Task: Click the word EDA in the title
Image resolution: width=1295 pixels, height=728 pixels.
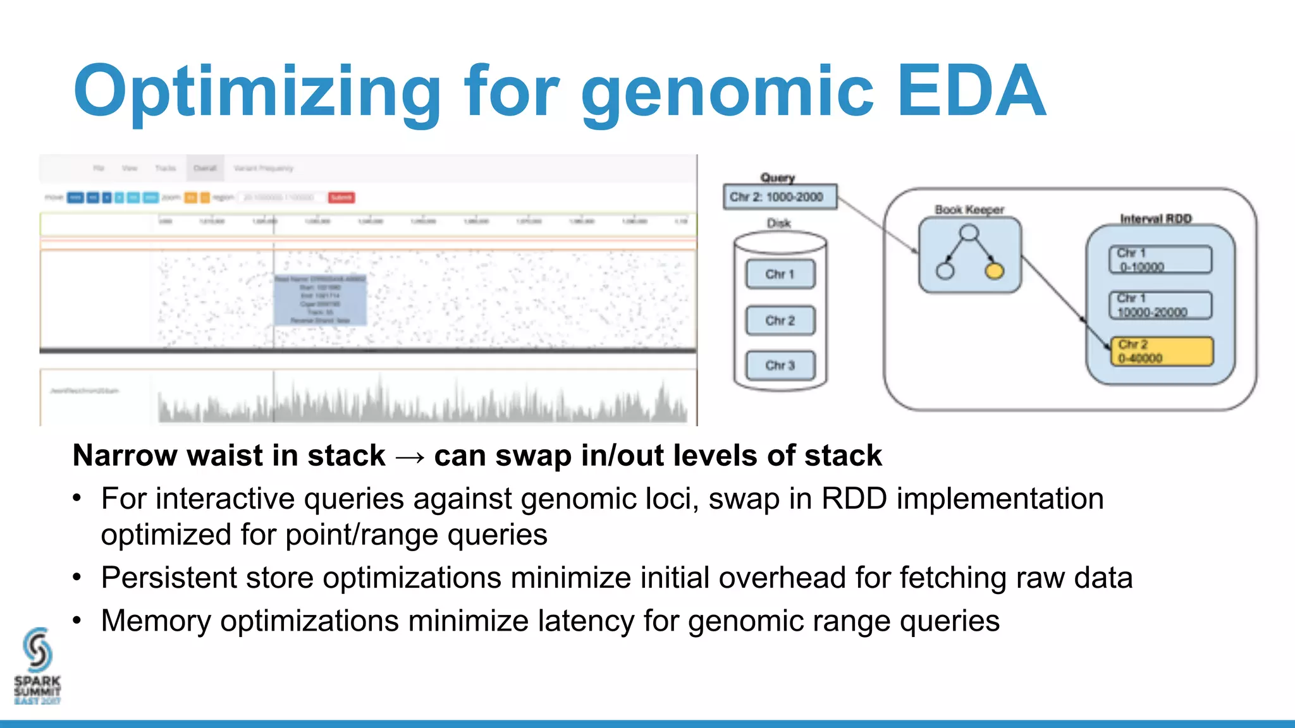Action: coord(971,92)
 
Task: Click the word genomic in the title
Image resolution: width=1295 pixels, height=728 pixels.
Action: coord(727,95)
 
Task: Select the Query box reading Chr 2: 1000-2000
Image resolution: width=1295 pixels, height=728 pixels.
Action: coord(779,197)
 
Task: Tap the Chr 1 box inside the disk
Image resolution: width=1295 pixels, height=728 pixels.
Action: coord(780,274)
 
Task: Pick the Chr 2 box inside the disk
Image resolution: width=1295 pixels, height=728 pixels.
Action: coord(780,320)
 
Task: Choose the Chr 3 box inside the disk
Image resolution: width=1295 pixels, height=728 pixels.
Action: coord(780,365)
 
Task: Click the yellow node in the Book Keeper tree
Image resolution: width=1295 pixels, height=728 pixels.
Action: coord(994,272)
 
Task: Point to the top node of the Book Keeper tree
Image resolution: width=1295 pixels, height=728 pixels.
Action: coord(969,233)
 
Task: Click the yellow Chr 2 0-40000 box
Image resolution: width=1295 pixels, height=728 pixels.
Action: coord(1162,351)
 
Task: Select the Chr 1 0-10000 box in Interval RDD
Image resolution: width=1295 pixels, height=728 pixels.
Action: coord(1160,260)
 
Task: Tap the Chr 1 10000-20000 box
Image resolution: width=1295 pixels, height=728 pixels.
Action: coord(1160,305)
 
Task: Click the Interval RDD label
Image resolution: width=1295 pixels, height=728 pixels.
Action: coord(1155,219)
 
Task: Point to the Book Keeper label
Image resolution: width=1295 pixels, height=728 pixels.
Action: coord(969,209)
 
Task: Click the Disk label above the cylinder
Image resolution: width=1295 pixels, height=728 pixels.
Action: coord(778,223)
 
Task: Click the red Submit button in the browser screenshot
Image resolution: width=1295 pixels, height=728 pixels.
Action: coord(341,198)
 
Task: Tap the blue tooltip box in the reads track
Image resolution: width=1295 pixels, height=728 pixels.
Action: coord(320,300)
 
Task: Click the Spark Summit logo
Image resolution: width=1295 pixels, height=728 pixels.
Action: coord(37,667)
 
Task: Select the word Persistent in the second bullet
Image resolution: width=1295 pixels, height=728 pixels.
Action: coord(168,578)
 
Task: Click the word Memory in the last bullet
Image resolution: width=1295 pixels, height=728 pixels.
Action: coord(156,621)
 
